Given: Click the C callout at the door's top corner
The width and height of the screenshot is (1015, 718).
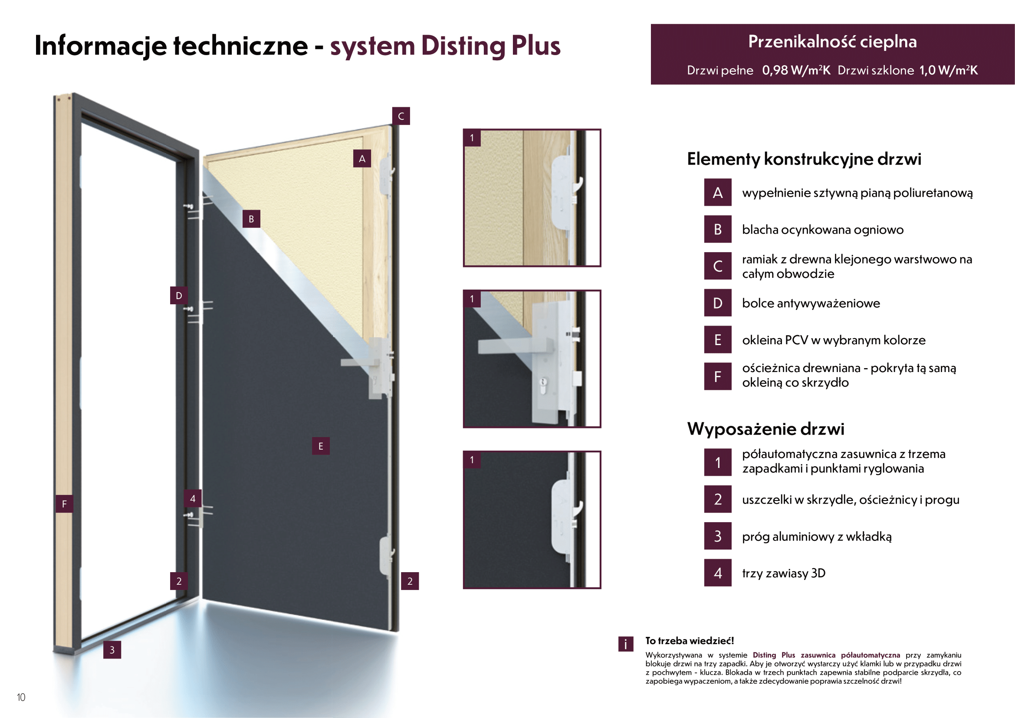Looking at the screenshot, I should (x=401, y=116).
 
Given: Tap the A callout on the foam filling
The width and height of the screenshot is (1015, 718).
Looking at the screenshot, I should (x=361, y=159).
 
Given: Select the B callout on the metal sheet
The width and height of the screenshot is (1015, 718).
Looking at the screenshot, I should (x=251, y=219).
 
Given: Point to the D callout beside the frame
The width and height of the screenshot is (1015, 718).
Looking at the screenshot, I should (x=179, y=296).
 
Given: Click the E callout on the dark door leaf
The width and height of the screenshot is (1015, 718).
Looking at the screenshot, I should (x=321, y=446).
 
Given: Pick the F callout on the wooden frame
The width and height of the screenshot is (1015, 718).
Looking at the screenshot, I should (x=64, y=504).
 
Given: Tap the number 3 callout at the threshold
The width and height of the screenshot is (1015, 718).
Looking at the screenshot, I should (x=112, y=650).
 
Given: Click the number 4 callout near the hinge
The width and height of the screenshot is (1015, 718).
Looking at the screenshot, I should (x=192, y=499).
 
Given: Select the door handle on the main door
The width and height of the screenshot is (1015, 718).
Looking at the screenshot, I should (x=358, y=363).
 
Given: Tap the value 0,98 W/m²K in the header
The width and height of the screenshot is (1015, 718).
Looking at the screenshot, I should (x=796, y=70).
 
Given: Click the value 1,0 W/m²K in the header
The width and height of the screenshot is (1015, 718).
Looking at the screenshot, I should (x=948, y=70).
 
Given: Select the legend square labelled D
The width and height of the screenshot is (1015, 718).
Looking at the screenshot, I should (x=717, y=303).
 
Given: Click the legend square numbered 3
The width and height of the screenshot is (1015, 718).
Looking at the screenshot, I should (x=717, y=536).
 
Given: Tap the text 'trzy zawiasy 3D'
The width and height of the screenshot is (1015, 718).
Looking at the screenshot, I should (x=783, y=573).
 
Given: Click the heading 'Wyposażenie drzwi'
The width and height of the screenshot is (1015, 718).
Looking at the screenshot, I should (x=765, y=429).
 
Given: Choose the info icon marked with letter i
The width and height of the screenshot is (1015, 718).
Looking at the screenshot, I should (x=626, y=644).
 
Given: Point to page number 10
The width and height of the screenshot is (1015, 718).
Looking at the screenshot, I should (x=21, y=697).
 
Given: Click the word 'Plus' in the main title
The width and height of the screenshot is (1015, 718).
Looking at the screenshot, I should (x=535, y=46).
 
